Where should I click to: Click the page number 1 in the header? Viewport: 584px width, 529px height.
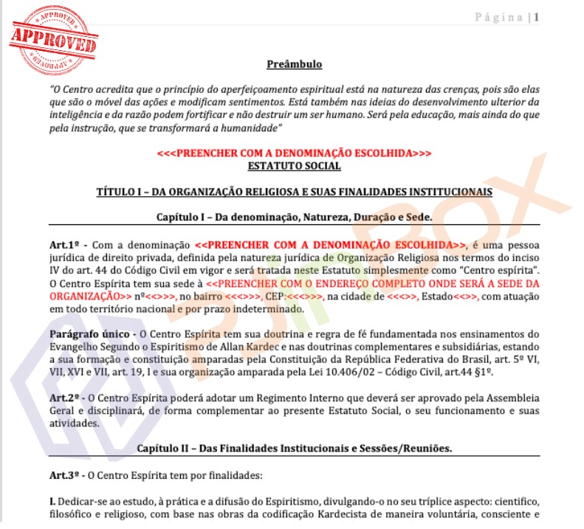537,17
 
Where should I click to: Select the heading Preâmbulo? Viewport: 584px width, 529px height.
294,65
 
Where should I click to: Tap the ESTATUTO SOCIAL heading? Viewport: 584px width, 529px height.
294,166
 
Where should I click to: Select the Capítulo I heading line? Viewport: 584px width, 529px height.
294,218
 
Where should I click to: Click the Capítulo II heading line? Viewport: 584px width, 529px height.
294,449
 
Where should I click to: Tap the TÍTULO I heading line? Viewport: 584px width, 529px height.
294,192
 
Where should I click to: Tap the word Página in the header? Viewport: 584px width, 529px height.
498,17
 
